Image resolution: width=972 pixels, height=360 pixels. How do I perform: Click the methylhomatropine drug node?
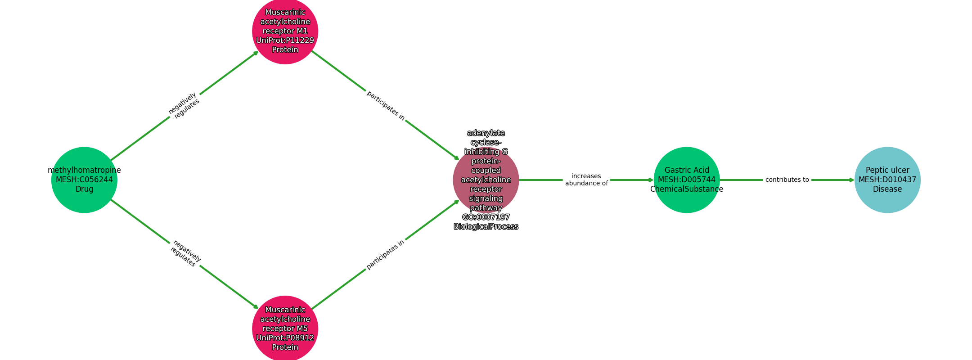84,180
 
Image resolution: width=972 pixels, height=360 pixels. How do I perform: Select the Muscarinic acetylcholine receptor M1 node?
285,31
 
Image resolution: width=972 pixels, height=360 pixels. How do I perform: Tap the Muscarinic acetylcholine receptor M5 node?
285,328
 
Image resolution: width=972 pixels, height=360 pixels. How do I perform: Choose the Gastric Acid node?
687,180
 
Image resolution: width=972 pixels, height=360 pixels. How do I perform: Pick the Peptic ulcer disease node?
887,180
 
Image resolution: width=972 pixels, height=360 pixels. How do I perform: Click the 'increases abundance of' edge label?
586,180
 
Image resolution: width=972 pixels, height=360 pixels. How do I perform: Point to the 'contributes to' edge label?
787,180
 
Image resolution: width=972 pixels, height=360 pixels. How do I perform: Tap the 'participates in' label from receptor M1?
386,106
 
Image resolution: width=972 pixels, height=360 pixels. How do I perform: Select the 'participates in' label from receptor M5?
386,254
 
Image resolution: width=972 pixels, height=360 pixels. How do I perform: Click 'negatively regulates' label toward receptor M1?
184,105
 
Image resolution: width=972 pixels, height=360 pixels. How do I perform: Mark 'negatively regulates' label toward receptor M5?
185,254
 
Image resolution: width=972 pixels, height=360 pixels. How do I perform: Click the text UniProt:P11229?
285,40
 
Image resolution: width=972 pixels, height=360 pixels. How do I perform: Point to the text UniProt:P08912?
285,338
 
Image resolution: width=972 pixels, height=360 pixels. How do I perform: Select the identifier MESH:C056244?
84,180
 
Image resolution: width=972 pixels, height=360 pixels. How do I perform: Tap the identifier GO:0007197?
486,217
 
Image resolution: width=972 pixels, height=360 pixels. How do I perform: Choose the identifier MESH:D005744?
687,180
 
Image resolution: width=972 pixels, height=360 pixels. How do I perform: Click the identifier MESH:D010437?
887,180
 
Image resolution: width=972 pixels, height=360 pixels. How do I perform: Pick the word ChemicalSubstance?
687,189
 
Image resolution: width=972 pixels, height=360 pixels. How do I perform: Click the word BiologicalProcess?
486,227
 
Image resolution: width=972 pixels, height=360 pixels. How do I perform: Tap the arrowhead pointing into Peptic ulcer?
851,180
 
